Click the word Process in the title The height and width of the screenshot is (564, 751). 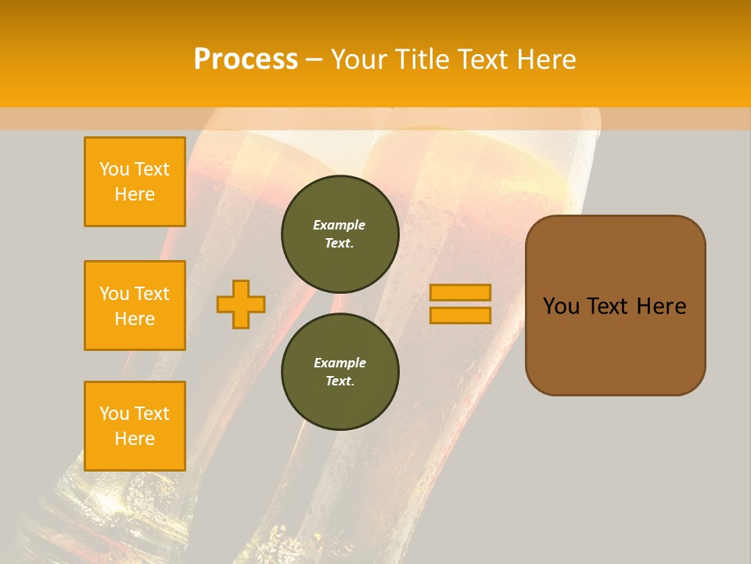click(246, 60)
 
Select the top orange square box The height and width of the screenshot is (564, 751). click(135, 182)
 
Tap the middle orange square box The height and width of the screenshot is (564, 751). click(135, 305)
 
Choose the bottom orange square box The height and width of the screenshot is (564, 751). click(135, 425)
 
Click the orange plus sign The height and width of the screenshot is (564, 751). click(241, 304)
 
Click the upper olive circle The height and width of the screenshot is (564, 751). click(340, 233)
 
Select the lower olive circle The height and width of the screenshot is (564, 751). click(340, 371)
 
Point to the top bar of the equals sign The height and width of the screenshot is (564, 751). click(460, 292)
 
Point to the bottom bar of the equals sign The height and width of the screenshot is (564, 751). click(460, 315)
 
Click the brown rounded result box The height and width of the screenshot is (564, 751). click(615, 305)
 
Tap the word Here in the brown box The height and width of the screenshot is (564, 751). click(661, 306)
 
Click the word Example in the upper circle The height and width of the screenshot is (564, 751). click(339, 225)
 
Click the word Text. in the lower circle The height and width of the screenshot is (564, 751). click(340, 381)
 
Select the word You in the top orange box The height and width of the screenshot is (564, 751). click(114, 169)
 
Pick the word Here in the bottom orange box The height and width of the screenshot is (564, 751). click(135, 439)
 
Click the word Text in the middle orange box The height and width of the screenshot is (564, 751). click(152, 294)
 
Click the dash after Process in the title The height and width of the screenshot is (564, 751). click(314, 60)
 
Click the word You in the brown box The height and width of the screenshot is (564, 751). click(561, 306)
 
